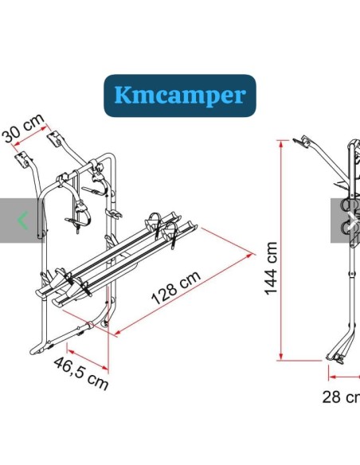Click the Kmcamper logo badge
[x=180, y=96]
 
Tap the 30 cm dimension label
[x=23, y=128]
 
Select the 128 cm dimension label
[x=176, y=287]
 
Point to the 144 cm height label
[x=271, y=268]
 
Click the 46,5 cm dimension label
[x=81, y=373]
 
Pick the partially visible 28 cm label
[x=341, y=397]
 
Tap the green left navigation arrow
[x=23, y=221]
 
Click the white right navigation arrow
[x=352, y=221]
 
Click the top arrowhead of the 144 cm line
[x=281, y=143]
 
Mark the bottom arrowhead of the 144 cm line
[x=281, y=357]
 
